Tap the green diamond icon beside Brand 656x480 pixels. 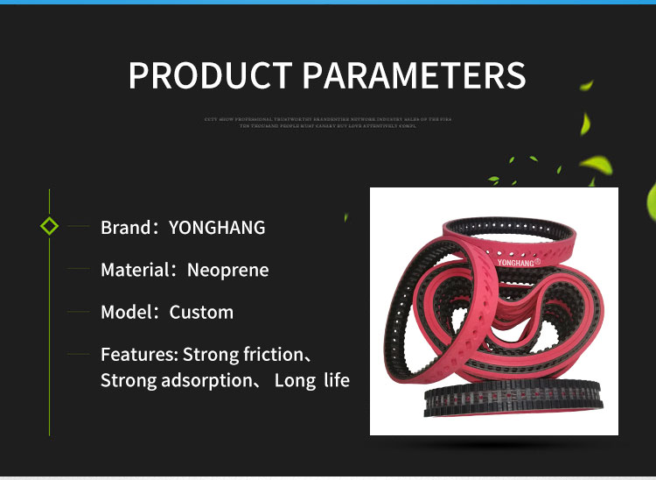click(50, 227)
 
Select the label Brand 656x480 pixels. click(125, 228)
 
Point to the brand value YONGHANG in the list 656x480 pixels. click(217, 228)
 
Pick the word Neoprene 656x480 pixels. click(228, 270)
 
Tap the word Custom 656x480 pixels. click(201, 312)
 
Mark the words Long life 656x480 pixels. click(311, 380)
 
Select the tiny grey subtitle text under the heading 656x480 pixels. click(328, 122)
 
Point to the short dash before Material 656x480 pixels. click(80, 269)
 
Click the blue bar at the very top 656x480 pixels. click(328, 2)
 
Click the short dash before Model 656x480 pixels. click(80, 312)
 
